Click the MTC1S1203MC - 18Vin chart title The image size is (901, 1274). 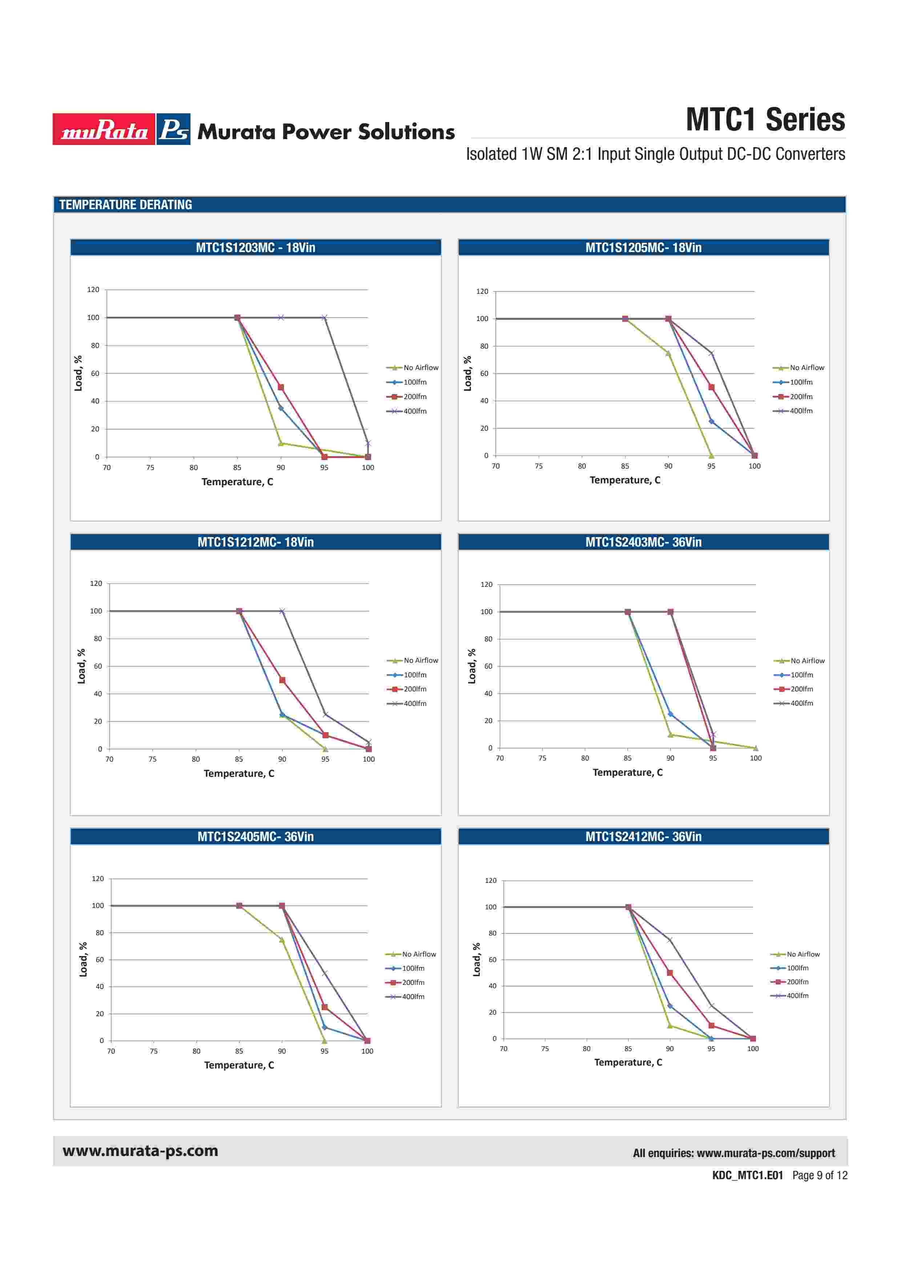click(x=256, y=247)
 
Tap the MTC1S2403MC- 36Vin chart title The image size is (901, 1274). click(x=643, y=542)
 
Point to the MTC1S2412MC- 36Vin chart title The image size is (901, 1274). click(x=643, y=837)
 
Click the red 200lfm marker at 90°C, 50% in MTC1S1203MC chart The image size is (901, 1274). click(x=281, y=387)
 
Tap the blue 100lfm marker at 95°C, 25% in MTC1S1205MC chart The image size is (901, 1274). click(x=711, y=422)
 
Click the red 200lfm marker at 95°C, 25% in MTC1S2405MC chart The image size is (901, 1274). click(x=325, y=1007)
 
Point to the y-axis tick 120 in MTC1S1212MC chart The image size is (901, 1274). click(x=96, y=583)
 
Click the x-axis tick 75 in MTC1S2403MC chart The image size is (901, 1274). click(x=542, y=758)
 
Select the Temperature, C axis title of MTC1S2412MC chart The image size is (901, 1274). click(x=628, y=1062)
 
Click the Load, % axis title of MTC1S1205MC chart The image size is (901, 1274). click(x=467, y=373)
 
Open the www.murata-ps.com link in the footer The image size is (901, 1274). click(x=140, y=1151)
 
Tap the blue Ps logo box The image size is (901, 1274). click(x=173, y=129)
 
